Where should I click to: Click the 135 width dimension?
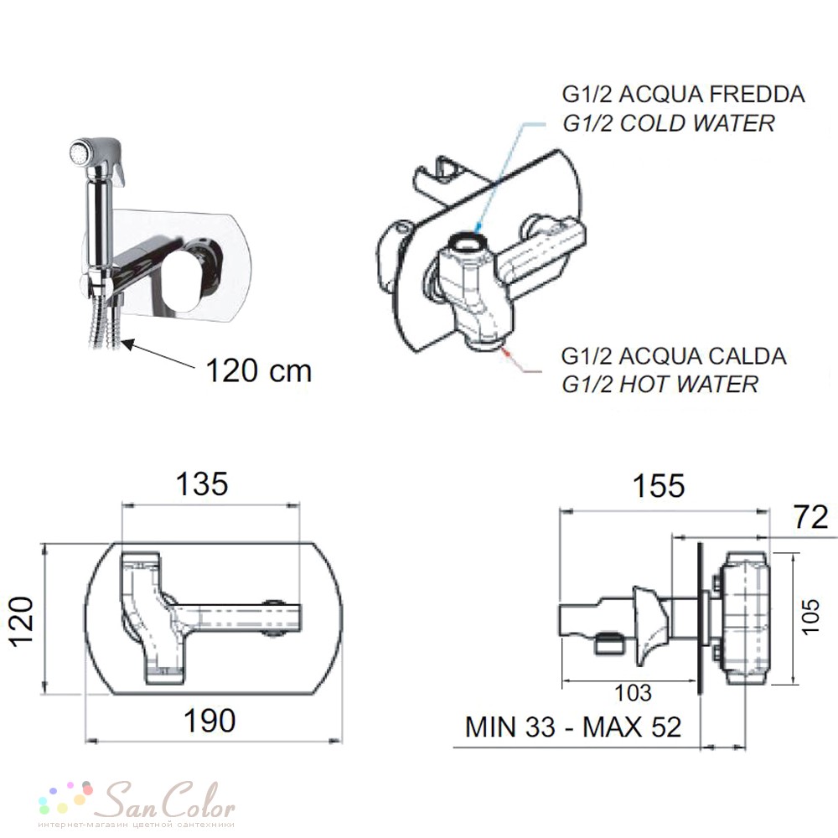[202, 484]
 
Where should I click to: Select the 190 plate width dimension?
[209, 721]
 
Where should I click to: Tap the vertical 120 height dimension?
[23, 621]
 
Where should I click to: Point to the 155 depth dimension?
[659, 486]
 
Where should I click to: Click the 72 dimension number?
[811, 517]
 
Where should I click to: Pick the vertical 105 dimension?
[810, 617]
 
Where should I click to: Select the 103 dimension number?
[634, 693]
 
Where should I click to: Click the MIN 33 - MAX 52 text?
[573, 727]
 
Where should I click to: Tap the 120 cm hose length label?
[259, 370]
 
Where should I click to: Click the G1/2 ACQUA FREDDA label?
[684, 95]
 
